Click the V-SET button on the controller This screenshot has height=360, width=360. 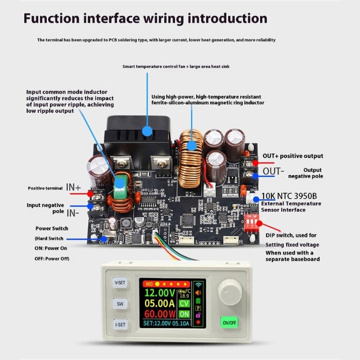(120, 283)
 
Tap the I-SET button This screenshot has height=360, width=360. (120, 324)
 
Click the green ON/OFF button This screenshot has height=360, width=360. (229, 323)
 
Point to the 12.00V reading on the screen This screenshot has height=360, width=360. (160, 293)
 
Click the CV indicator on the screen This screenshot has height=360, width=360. (184, 303)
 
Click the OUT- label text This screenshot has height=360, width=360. (274, 171)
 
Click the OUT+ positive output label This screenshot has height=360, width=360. (293, 156)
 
